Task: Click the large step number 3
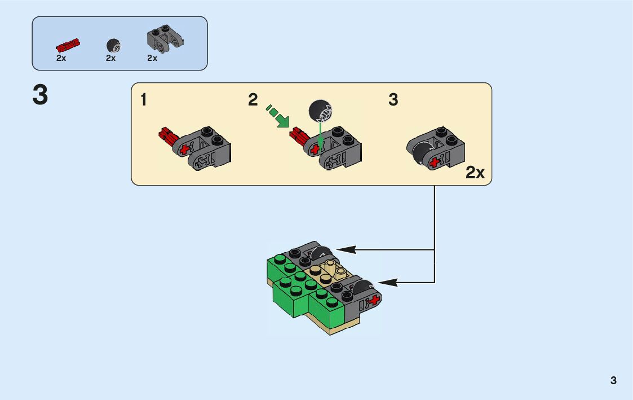click(41, 95)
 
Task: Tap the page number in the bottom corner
click(613, 381)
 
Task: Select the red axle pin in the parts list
click(68, 45)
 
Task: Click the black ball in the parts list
click(113, 45)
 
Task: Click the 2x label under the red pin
click(61, 58)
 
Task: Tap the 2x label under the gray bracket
click(152, 58)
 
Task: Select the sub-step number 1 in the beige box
click(144, 100)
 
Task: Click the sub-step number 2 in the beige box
click(253, 100)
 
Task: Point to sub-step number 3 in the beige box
click(393, 100)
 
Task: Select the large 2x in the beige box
click(475, 173)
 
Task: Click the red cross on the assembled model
click(373, 300)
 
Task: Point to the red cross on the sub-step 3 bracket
click(435, 162)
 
